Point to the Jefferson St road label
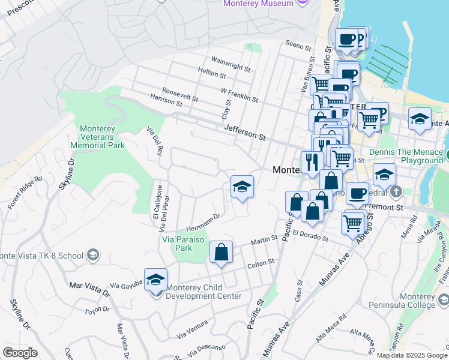[245, 132]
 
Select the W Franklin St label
[239, 95]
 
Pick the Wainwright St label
[231, 64]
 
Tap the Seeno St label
[300, 45]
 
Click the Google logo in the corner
[20, 352]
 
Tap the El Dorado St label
[310, 235]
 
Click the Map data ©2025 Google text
[411, 355]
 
